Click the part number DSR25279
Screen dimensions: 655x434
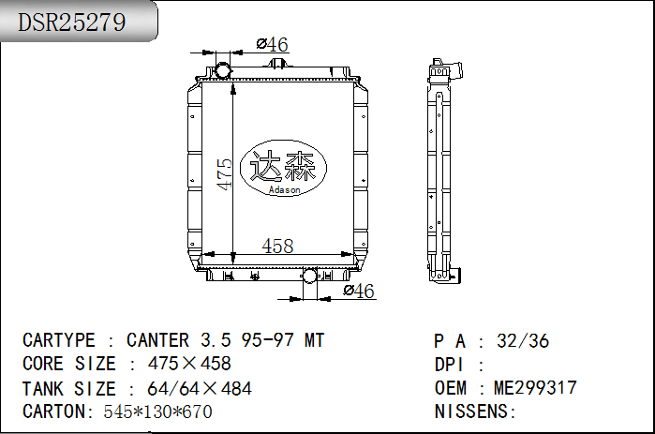point(71,22)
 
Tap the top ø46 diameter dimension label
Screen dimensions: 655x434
point(273,44)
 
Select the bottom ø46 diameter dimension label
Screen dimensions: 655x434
point(359,291)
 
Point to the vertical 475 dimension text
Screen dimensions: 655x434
point(224,173)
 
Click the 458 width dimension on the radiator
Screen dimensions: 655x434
point(277,246)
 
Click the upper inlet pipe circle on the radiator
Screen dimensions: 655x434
point(222,70)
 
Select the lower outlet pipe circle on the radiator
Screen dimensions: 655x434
point(309,277)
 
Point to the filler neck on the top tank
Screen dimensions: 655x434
point(277,64)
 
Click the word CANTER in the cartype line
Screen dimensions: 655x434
point(158,340)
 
